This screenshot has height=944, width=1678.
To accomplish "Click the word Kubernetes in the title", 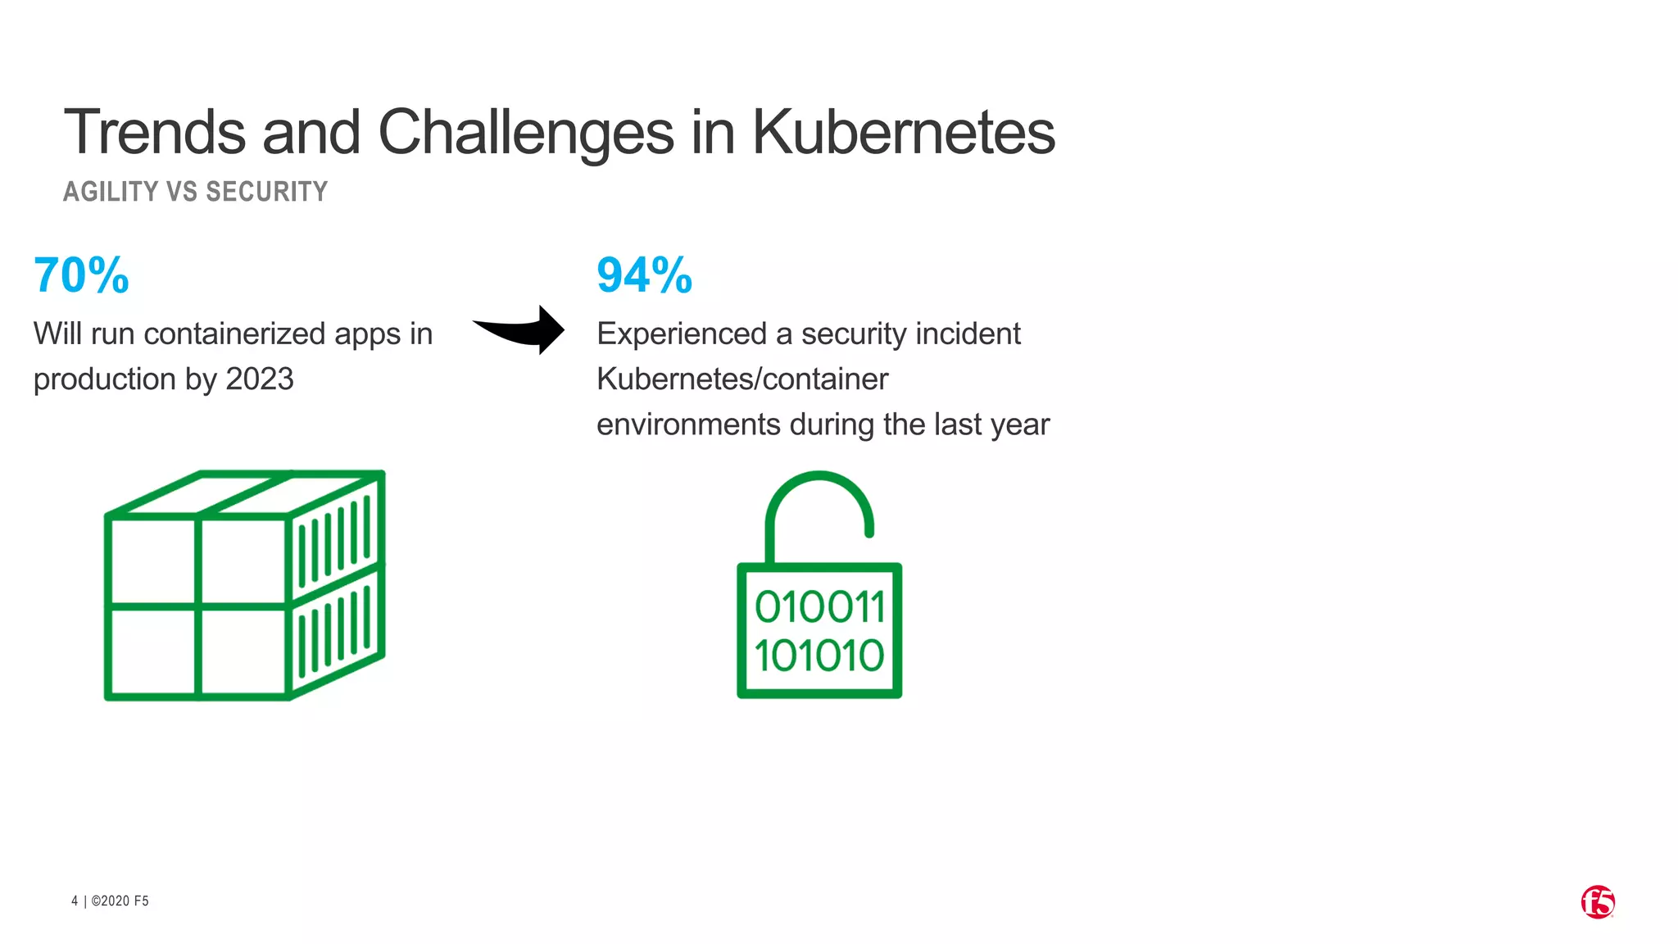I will [903, 132].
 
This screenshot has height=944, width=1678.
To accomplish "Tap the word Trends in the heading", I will [155, 132].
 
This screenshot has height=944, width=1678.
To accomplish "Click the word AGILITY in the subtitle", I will [111, 192].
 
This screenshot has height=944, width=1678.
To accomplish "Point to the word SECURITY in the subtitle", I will [266, 192].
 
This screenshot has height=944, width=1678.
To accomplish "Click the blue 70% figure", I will [81, 275].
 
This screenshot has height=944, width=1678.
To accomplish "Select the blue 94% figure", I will [644, 275].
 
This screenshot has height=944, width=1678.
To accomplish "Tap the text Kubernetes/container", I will [742, 379].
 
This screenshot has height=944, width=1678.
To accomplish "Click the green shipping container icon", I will [244, 585].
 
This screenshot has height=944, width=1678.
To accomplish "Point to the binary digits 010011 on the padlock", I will [819, 607].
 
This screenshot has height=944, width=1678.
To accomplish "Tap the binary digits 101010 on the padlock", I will [819, 656].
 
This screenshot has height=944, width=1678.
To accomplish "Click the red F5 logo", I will [1597, 902].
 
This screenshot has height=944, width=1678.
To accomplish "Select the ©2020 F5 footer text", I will [120, 901].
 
